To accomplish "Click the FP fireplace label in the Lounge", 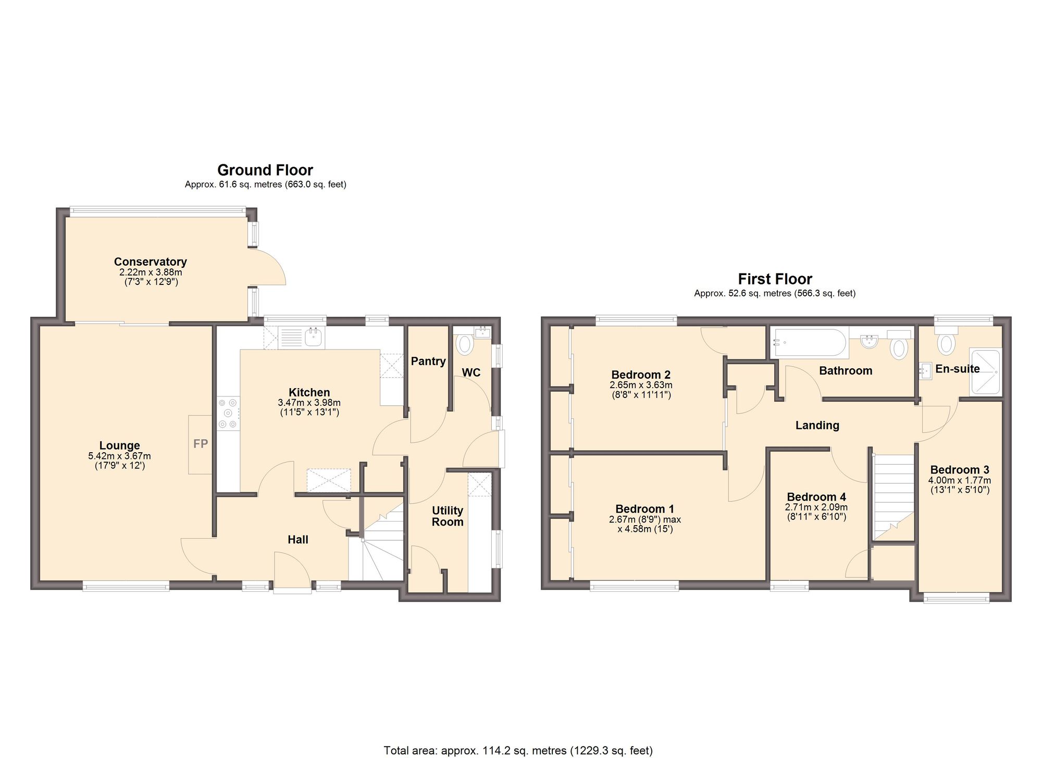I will tap(201, 444).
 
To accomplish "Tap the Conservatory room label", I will tap(150, 262).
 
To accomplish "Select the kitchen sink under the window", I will tap(313, 338).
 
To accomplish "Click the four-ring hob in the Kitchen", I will tap(228, 414).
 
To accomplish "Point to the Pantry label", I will tap(428, 361).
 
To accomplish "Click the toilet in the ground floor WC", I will tap(464, 343).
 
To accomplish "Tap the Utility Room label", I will tap(447, 516).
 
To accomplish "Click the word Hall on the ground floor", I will tap(298, 540).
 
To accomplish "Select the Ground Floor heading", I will tap(265, 170).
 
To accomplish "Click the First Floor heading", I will tap(775, 279).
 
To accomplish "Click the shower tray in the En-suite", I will tap(985, 372).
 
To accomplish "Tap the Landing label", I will tap(817, 425).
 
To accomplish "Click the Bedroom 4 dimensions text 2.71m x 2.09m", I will tap(816, 507).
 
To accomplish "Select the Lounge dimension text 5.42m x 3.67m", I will tap(119, 456).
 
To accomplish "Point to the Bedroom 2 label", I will tap(641, 375).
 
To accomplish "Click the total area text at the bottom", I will tap(518, 751).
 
